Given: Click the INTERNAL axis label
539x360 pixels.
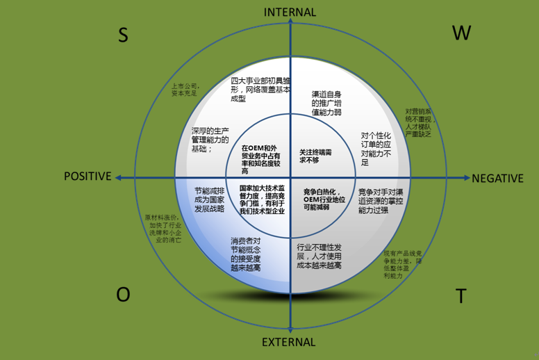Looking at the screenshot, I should tap(290, 12).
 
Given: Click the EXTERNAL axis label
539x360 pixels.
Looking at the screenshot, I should tap(290, 343).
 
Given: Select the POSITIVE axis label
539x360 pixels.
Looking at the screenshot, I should tap(88, 177).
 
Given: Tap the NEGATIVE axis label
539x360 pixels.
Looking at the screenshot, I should tap(497, 178).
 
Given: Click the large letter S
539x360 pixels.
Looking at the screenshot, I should tap(123, 36).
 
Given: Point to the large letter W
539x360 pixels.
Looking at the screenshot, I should tap(462, 33).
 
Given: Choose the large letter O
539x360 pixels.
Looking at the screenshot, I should tap(123, 295).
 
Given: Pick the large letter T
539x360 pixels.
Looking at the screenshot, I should tap(461, 297).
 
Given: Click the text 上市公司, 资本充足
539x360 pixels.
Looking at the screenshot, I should tap(185, 90).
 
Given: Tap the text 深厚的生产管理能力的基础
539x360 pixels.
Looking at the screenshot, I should tap(210, 140).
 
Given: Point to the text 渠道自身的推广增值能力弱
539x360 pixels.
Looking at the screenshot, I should tap(326, 102).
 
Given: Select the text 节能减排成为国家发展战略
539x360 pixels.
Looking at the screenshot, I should tap(209, 198).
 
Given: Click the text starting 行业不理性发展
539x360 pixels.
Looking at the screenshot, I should tap(318, 256).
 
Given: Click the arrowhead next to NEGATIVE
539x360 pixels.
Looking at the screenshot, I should tap(465, 178).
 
